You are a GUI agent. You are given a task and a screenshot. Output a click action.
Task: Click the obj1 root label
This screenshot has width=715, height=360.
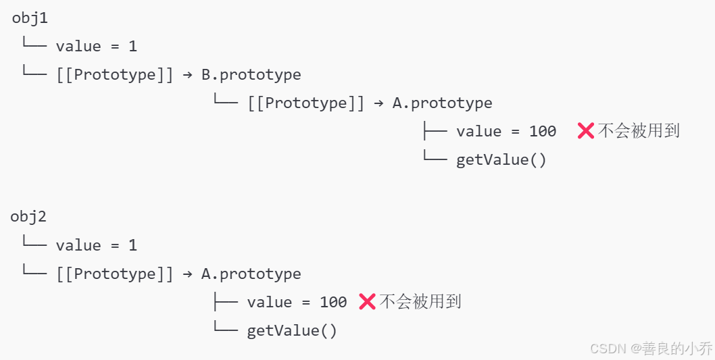(x=30, y=18)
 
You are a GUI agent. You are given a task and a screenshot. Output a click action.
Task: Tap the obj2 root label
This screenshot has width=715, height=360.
(x=28, y=217)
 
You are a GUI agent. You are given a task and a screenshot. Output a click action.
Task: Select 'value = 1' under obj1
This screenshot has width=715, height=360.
(x=96, y=47)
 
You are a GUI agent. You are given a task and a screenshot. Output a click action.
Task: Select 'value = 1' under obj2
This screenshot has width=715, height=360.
(x=96, y=245)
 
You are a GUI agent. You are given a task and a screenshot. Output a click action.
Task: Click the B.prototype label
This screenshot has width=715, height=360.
(x=251, y=74)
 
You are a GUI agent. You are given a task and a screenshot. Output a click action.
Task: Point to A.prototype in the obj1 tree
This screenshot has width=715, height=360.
(x=442, y=103)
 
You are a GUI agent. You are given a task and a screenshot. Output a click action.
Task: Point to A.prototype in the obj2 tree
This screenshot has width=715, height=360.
(x=251, y=274)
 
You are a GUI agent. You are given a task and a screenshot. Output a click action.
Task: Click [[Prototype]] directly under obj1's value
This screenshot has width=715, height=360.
(x=115, y=74)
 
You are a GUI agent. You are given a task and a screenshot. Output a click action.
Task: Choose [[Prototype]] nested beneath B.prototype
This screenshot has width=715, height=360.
(x=306, y=103)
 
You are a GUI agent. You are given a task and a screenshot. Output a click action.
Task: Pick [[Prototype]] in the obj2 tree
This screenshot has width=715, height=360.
(x=115, y=274)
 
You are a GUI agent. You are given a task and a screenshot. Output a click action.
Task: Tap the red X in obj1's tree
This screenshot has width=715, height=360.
(x=585, y=131)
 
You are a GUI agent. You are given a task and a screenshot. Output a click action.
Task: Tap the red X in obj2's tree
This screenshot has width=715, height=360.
(x=367, y=302)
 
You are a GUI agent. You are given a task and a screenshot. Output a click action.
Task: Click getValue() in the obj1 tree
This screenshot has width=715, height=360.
(x=501, y=160)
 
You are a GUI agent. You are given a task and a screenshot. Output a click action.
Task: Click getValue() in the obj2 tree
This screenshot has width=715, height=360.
(x=292, y=331)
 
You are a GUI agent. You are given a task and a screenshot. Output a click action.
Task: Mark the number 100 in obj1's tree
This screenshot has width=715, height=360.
(x=543, y=132)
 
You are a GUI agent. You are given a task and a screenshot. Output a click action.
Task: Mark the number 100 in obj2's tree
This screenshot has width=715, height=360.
(x=333, y=303)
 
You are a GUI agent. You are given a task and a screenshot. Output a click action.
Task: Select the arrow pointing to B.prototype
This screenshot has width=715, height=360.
(x=188, y=74)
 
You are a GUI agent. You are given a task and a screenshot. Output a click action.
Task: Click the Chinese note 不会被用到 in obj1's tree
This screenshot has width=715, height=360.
(x=639, y=131)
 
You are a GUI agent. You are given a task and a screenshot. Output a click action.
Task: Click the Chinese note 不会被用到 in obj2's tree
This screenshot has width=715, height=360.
(x=420, y=302)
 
